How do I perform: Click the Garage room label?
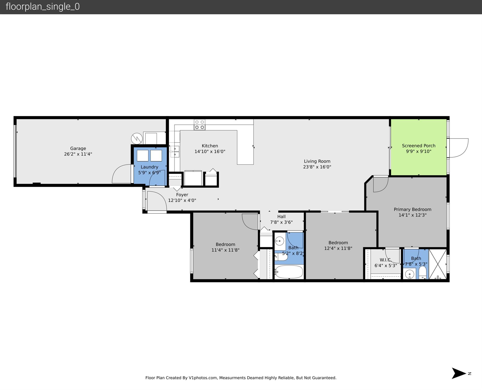coord(78,148)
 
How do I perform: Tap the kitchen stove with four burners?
coord(199,125)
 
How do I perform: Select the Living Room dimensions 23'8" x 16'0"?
coord(317,167)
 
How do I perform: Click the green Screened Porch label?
coord(418,146)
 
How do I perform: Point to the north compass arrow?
coord(459,373)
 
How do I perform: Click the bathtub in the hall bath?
coord(289,272)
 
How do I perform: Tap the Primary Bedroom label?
coord(412,209)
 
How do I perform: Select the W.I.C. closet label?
coord(385,260)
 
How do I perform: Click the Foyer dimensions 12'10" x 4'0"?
coord(182,200)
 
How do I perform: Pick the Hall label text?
coord(281,216)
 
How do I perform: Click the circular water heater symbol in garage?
coord(137,138)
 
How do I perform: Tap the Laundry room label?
coord(149,167)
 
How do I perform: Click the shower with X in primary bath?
coord(438,264)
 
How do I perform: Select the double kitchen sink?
coord(175,151)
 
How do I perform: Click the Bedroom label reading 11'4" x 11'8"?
coord(225,244)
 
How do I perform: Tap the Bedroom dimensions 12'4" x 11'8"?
coord(338,248)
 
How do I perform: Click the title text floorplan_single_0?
coord(43,7)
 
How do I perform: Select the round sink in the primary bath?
coord(409,274)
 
